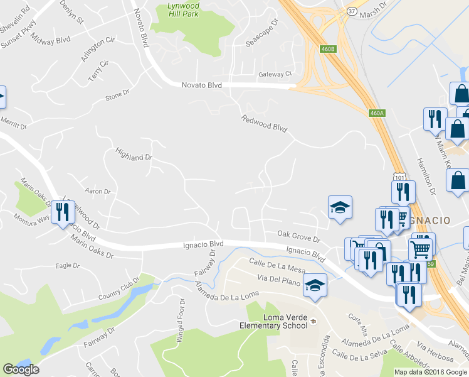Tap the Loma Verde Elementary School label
(x=274, y=320)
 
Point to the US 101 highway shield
(x=398, y=171)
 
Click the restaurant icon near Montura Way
(x=61, y=212)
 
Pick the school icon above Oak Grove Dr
(x=340, y=207)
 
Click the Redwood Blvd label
(x=264, y=124)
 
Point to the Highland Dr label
(x=134, y=154)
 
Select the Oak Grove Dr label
(x=298, y=236)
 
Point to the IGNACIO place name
(x=429, y=220)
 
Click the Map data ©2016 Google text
(x=430, y=371)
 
